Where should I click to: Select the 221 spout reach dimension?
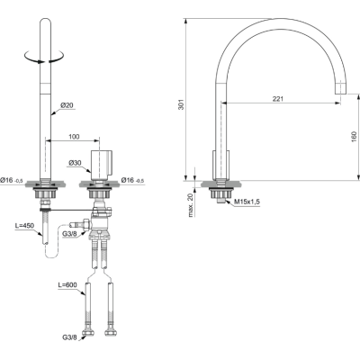click(x=282, y=99)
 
